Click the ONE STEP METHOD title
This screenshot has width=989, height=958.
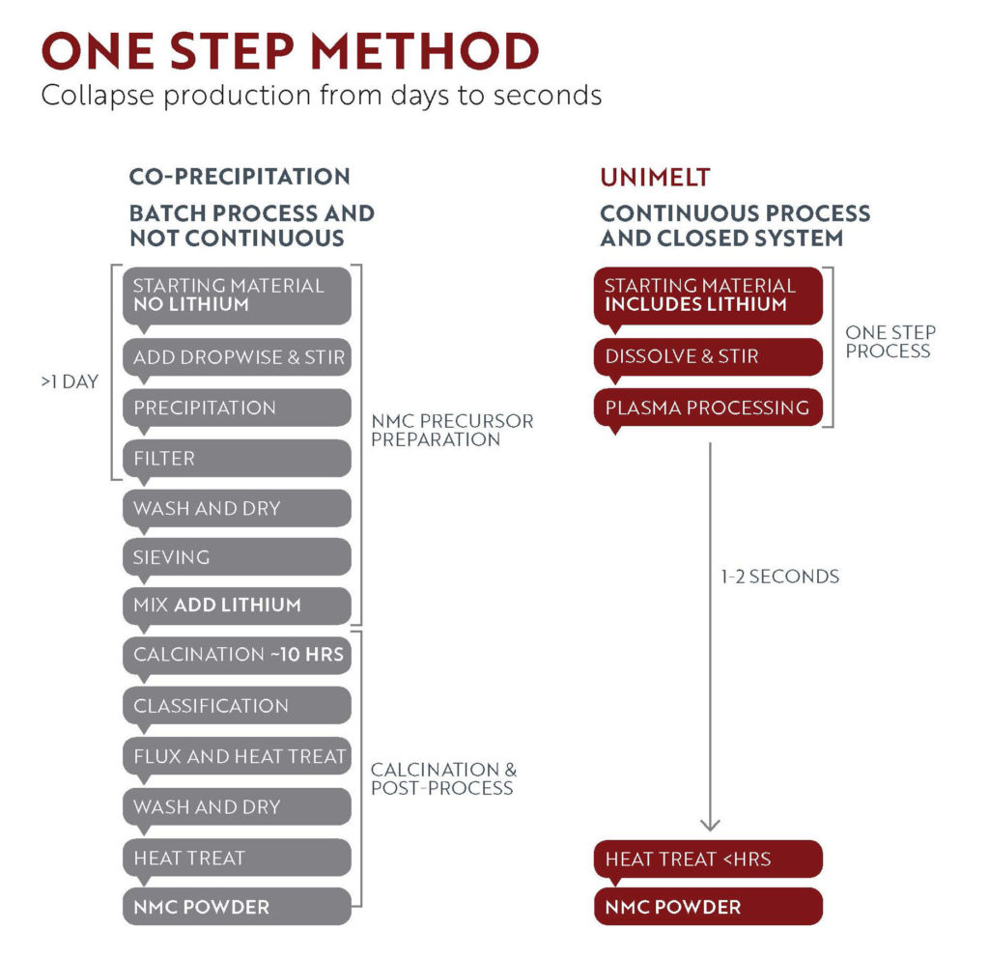pyautogui.click(x=290, y=51)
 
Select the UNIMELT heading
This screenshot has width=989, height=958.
pyautogui.click(x=655, y=178)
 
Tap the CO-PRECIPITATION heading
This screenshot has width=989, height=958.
pyautogui.click(x=240, y=177)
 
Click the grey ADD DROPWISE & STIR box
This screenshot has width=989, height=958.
pyautogui.click(x=238, y=357)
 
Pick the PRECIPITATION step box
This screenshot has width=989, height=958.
pyautogui.click(x=238, y=408)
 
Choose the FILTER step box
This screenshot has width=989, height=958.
pyautogui.click(x=238, y=458)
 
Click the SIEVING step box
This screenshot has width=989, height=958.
pyautogui.click(x=238, y=557)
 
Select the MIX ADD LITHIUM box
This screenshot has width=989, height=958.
pyautogui.click(x=238, y=606)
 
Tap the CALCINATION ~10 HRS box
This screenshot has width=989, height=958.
pyautogui.click(x=238, y=655)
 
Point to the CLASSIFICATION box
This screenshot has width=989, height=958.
pyautogui.click(x=238, y=705)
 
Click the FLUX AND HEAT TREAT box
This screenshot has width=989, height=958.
pyautogui.click(x=238, y=756)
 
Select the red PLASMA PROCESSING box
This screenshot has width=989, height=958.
pyautogui.click(x=708, y=408)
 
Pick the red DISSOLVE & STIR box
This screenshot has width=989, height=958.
pyautogui.click(x=708, y=356)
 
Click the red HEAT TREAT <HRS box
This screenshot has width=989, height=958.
pyautogui.click(x=708, y=859)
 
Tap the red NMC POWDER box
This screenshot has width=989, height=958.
pyautogui.click(x=708, y=907)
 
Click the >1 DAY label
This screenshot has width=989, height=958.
pyautogui.click(x=70, y=381)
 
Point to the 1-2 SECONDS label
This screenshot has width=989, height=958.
pyautogui.click(x=779, y=577)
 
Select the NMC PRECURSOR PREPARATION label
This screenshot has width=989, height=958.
pyautogui.click(x=452, y=430)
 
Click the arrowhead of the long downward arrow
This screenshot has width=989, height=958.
pyautogui.click(x=710, y=828)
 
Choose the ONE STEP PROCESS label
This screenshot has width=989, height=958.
pyautogui.click(x=890, y=341)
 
